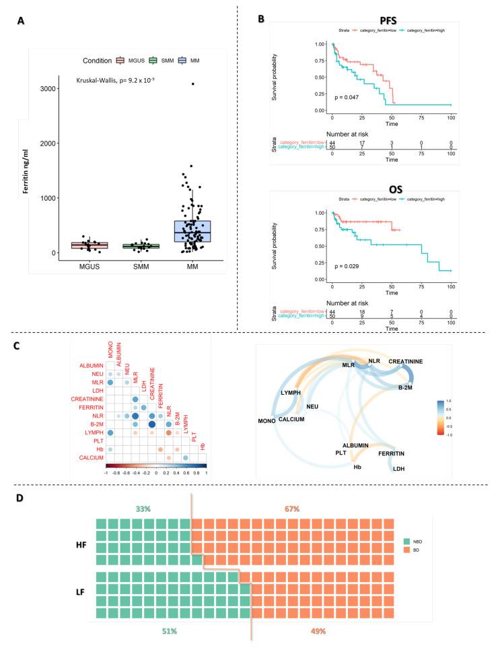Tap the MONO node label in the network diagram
[x=269, y=421]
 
